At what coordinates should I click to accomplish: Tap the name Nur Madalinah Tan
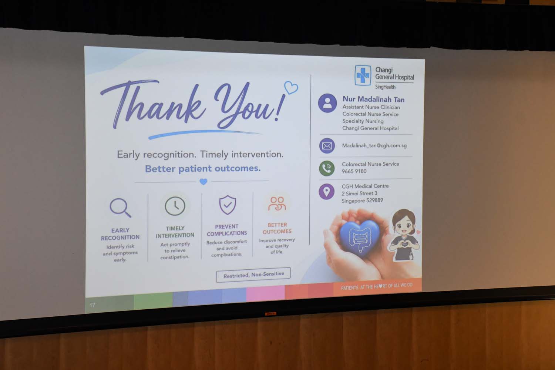373,100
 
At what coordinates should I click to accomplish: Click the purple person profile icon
327,103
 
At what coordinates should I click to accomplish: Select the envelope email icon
327,146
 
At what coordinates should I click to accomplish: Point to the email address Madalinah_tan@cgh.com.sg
374,145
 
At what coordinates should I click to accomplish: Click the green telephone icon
327,168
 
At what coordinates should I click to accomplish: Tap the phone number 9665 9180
354,171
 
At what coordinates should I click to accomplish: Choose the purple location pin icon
327,192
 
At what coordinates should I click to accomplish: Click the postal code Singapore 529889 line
362,201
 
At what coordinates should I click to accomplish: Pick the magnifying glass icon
120,208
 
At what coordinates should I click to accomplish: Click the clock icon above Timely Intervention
175,206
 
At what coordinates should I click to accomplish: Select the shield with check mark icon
228,205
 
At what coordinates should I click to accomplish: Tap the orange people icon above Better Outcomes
277,204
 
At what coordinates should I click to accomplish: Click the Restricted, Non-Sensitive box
253,275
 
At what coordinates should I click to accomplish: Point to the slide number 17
92,305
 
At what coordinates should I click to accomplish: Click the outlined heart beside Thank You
291,87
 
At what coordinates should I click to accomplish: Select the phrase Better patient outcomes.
203,168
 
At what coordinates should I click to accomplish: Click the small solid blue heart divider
203,182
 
